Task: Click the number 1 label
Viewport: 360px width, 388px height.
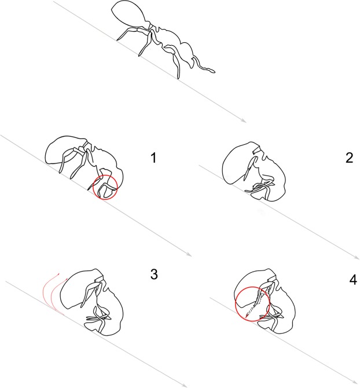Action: click(x=153, y=158)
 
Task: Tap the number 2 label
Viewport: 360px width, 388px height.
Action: click(x=349, y=158)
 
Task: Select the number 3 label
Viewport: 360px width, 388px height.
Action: click(x=154, y=274)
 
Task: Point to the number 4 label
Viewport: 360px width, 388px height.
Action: click(x=353, y=280)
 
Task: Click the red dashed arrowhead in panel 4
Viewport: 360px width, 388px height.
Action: click(x=247, y=316)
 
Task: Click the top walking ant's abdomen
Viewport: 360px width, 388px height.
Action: click(x=128, y=13)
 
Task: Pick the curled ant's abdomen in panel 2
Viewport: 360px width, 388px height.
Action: click(x=239, y=163)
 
